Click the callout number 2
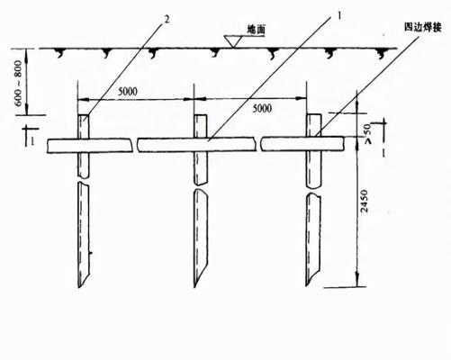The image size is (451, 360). (x=167, y=20)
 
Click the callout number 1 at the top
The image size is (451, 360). (x=339, y=15)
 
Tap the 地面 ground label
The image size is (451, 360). (x=257, y=30)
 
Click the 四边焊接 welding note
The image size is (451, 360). (x=423, y=27)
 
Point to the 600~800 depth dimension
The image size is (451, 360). (x=18, y=83)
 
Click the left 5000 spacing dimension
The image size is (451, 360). (x=128, y=92)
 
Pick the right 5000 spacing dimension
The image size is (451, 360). (x=262, y=108)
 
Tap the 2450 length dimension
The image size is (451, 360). (x=364, y=201)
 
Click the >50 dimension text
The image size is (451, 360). (x=368, y=133)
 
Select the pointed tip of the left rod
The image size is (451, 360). (x=79, y=287)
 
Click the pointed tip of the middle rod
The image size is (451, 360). (x=195, y=287)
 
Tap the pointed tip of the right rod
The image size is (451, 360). (x=307, y=285)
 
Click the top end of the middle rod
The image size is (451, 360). (x=200, y=114)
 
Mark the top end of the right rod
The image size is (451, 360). (x=313, y=114)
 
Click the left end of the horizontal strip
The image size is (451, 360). (x=48, y=146)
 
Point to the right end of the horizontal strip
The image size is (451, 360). (x=343, y=143)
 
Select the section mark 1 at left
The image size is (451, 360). (x=31, y=136)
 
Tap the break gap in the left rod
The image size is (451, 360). (x=84, y=179)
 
